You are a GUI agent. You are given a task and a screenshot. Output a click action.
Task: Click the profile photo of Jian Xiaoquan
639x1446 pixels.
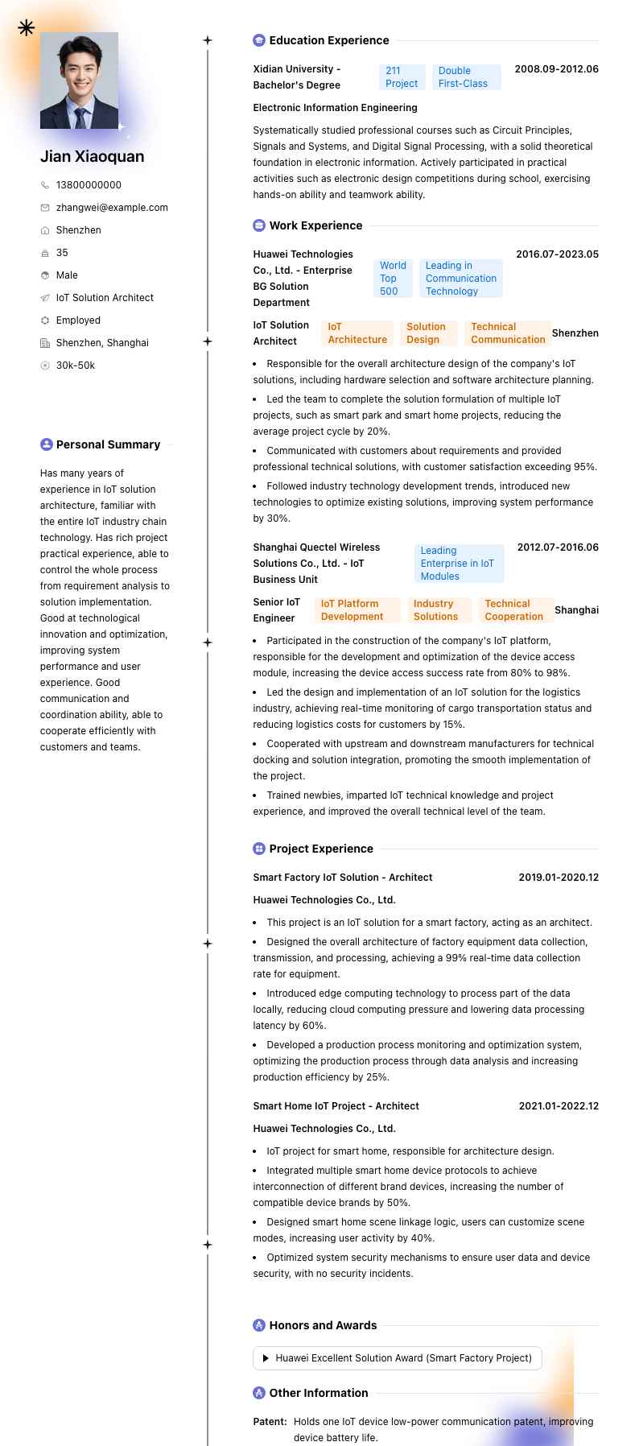(79, 81)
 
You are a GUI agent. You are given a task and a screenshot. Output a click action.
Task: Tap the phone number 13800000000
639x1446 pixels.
(89, 185)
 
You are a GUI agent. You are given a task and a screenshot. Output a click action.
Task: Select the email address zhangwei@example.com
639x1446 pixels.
(112, 208)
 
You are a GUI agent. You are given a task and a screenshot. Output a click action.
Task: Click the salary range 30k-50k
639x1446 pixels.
(75, 366)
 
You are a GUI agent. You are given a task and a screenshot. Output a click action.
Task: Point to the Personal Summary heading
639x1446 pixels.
(108, 444)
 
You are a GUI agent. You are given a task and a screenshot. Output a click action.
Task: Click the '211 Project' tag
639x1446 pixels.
(402, 77)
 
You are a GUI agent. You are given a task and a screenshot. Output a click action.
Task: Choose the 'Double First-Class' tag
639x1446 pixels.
(465, 77)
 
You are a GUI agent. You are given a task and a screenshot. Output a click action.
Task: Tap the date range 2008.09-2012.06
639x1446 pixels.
(556, 69)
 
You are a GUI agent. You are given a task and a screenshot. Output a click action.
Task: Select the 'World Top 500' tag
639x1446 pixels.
(393, 279)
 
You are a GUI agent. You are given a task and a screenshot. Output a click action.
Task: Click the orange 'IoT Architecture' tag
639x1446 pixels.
(357, 333)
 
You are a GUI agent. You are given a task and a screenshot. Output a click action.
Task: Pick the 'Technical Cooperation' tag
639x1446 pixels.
(514, 610)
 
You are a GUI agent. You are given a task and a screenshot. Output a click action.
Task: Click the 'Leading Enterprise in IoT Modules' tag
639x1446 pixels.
(458, 564)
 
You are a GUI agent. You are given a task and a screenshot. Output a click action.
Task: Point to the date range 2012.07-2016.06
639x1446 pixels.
(558, 547)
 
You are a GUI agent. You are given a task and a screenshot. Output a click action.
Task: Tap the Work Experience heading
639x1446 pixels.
(315, 225)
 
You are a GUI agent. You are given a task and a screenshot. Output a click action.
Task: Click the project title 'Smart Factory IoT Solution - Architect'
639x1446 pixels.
(343, 878)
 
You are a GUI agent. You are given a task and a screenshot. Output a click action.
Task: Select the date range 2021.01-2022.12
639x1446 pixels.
(559, 1106)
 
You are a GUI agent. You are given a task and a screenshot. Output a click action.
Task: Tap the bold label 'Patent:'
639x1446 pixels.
(270, 1422)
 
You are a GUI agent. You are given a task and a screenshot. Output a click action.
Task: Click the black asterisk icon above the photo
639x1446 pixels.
(27, 28)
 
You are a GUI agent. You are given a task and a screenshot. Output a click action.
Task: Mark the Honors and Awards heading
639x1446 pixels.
(323, 1325)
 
